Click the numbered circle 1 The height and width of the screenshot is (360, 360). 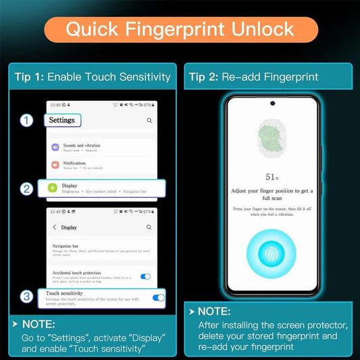(x=26, y=121)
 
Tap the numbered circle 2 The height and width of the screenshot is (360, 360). (x=26, y=188)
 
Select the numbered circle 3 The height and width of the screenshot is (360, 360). (x=26, y=297)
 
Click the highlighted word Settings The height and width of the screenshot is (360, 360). (x=63, y=120)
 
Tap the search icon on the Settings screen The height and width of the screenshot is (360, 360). (x=149, y=121)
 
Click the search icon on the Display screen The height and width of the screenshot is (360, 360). (x=149, y=228)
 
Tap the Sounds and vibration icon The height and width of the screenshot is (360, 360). (x=53, y=147)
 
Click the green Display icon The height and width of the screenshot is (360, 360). (x=53, y=188)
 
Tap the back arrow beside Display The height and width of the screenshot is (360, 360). (x=54, y=228)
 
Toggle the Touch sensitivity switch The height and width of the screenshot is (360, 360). (x=159, y=297)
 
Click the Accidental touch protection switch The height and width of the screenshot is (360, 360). (x=145, y=276)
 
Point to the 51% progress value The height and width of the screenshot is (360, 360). (x=272, y=176)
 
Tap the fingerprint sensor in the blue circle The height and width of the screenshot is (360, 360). (x=272, y=255)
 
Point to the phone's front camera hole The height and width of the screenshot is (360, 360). (x=272, y=104)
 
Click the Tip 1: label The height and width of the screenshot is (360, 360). (x=29, y=76)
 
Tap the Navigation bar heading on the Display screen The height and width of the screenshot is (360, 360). (x=66, y=247)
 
